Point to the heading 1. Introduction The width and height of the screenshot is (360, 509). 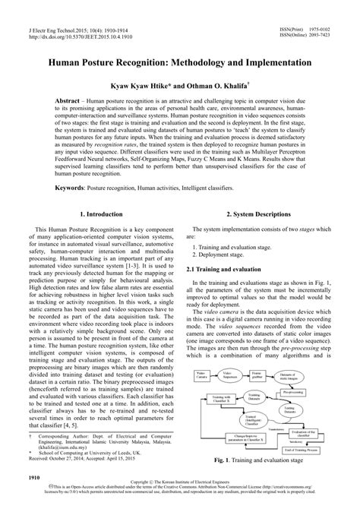pyautogui.click(x=99, y=215)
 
